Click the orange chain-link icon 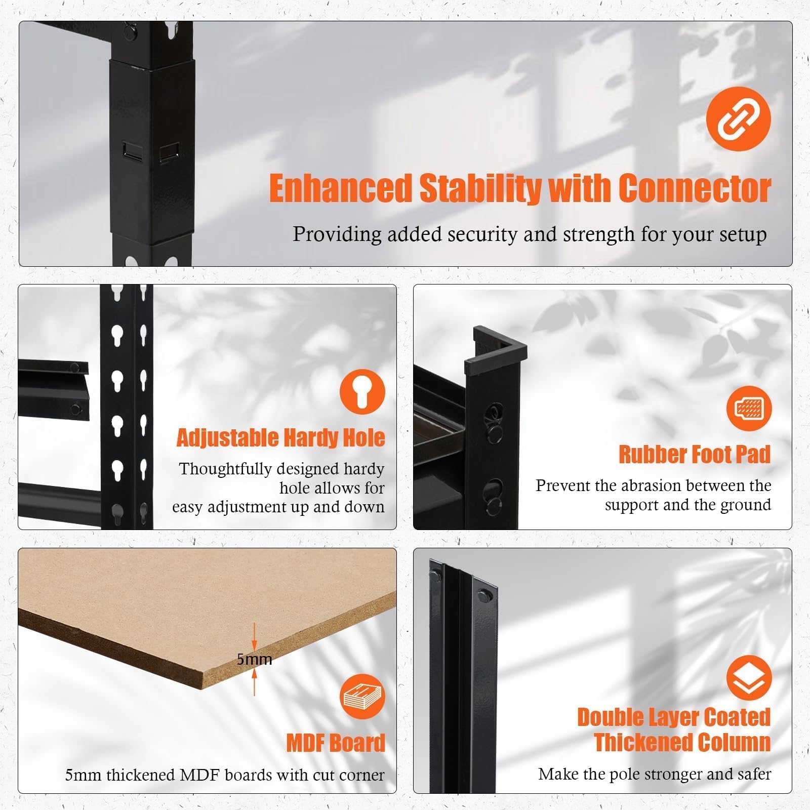(x=738, y=119)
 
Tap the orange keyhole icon (x=362, y=391)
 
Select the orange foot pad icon (x=749, y=408)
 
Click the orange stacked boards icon (x=362, y=697)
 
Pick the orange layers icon (x=749, y=678)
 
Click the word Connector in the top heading (x=695, y=188)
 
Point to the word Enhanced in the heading (x=340, y=188)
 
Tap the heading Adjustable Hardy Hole (x=280, y=437)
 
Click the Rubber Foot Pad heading (x=695, y=454)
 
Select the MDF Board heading (x=336, y=743)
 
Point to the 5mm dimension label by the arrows (x=255, y=659)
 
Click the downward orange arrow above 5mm (x=255, y=636)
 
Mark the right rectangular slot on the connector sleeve (x=170, y=151)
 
